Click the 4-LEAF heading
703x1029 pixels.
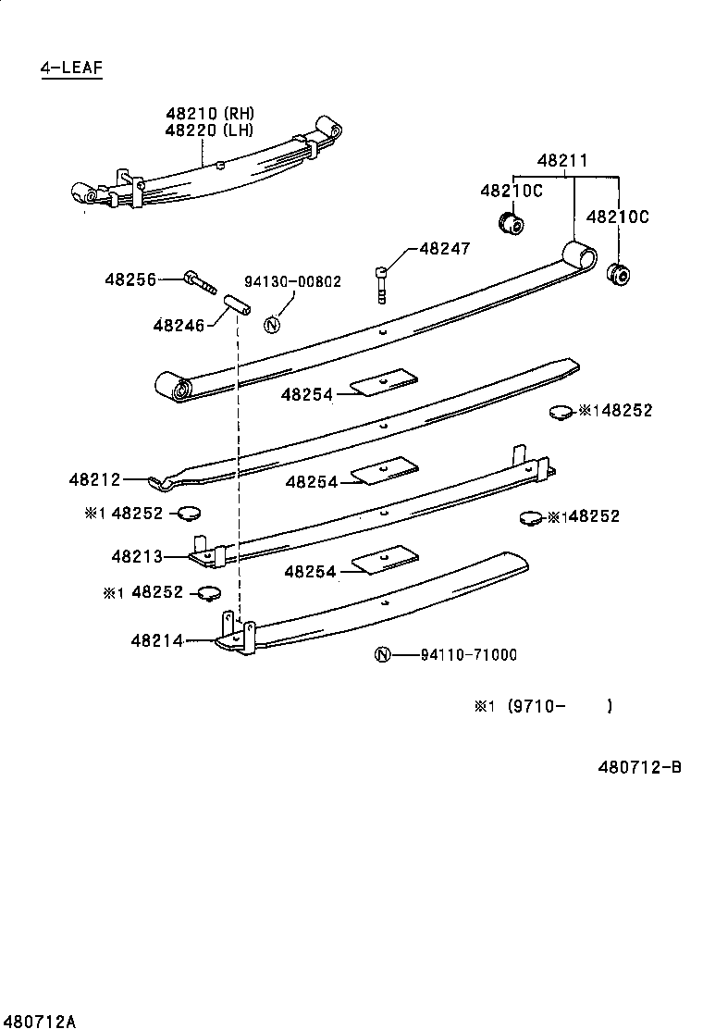tap(71, 68)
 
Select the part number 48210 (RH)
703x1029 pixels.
tap(209, 114)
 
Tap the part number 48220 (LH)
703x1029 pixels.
tap(209, 130)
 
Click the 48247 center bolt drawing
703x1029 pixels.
tap(381, 282)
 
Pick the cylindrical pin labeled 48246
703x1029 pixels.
tap(236, 304)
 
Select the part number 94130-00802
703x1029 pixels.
tap(292, 281)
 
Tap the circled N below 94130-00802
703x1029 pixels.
tap(271, 325)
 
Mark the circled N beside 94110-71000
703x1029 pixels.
tap(382, 655)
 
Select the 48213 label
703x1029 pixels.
tap(137, 556)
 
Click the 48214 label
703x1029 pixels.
tap(156, 639)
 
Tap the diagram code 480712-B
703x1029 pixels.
tap(637, 766)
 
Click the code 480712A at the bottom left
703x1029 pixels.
tap(38, 1021)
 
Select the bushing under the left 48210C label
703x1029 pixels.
tap(510, 223)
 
